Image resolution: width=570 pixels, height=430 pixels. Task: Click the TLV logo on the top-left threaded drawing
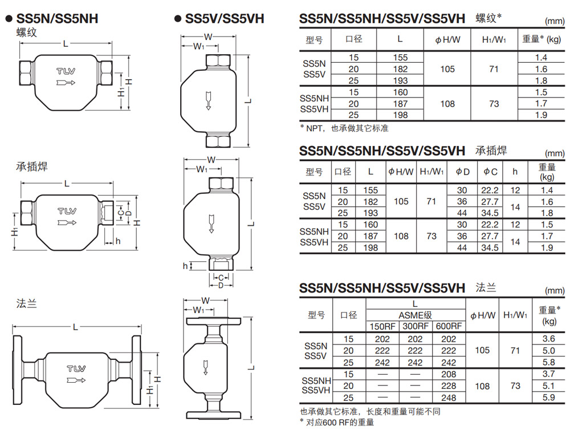click(x=66, y=71)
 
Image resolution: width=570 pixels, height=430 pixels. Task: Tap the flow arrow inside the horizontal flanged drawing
click(x=76, y=380)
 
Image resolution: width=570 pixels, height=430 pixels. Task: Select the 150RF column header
click(x=382, y=326)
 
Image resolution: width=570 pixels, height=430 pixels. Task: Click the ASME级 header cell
click(x=415, y=315)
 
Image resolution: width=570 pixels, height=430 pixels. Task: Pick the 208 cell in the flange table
click(x=449, y=374)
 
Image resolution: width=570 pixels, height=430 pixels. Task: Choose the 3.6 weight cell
click(x=548, y=339)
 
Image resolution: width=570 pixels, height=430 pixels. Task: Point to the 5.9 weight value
click(x=548, y=397)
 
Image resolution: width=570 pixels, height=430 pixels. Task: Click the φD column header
click(x=462, y=172)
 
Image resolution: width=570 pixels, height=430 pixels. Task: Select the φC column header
click(x=490, y=172)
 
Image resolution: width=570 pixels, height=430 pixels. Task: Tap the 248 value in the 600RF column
click(x=449, y=397)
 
